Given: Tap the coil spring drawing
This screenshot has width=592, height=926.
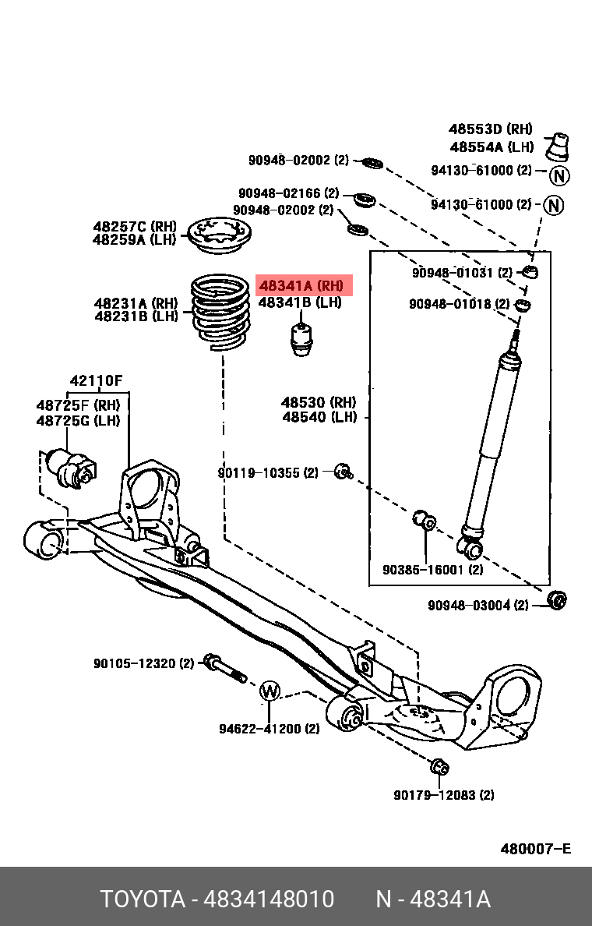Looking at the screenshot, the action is click(221, 311).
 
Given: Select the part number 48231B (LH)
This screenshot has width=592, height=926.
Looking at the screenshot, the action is click(136, 316).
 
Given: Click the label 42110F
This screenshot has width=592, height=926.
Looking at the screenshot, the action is click(97, 381).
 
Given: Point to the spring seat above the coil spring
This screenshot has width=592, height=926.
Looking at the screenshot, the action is click(219, 236).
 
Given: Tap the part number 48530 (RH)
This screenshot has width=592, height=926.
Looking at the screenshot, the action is click(319, 403).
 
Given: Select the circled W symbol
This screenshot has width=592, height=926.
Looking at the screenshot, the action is click(270, 691).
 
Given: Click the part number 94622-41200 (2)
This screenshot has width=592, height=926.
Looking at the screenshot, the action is click(270, 729).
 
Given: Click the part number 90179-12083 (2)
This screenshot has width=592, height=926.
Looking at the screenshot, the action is click(444, 795).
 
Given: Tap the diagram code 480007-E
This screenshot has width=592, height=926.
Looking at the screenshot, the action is click(535, 849).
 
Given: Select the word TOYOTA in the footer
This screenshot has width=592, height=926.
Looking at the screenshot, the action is click(143, 899).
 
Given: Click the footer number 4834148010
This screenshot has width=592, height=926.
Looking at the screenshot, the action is click(269, 899).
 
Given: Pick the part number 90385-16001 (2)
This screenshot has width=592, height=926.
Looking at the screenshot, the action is click(432, 570).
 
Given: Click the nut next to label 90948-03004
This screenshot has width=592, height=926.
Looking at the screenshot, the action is click(557, 600).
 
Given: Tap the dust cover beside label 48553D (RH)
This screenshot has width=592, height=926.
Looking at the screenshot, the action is click(557, 147).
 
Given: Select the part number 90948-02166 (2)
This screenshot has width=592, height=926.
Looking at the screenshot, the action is click(289, 193).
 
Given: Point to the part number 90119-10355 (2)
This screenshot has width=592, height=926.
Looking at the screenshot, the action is click(268, 473).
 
